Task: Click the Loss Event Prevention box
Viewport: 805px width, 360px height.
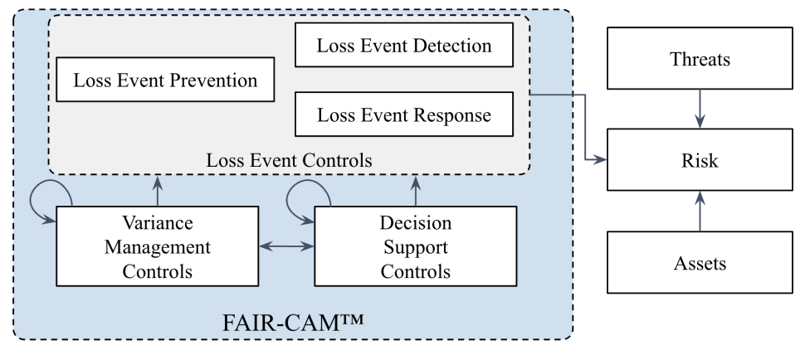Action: point(165,81)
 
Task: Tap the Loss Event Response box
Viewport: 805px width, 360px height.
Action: point(404,114)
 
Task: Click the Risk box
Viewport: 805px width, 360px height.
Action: point(699,159)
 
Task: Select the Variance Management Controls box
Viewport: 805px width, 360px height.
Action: point(159,248)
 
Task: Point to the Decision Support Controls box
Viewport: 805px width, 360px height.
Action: point(416,248)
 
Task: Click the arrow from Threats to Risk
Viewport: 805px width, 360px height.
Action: point(699,109)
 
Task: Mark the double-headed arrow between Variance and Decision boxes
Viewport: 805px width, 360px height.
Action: point(287,246)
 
